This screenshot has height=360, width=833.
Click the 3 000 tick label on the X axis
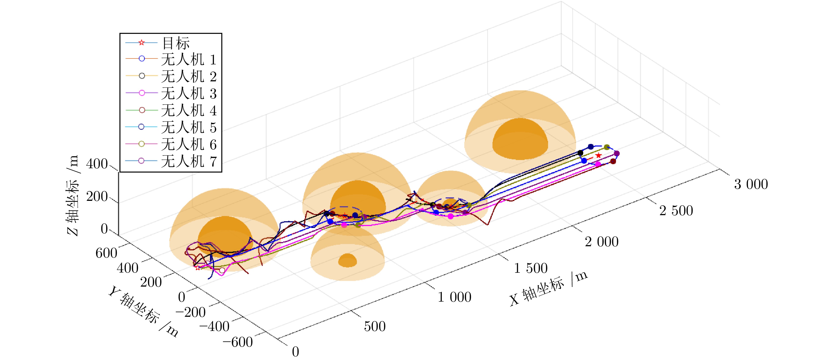point(751,184)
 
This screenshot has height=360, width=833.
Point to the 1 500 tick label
point(531,268)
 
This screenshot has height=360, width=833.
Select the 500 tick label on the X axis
point(375,326)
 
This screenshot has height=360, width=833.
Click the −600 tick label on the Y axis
point(238,342)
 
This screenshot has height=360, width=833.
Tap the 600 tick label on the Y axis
point(106,253)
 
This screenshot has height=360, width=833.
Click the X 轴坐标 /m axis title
point(548,289)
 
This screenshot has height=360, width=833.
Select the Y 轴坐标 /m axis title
point(143,311)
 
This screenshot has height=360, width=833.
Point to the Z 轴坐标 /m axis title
point(73,196)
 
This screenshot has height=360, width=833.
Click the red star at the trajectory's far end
point(599,156)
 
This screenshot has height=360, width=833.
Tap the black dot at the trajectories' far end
point(580,153)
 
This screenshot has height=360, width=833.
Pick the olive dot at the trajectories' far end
point(607,147)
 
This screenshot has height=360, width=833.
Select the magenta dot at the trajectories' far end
point(598,164)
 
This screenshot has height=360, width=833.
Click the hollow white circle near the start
point(222,270)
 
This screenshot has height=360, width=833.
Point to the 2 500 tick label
point(676,211)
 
